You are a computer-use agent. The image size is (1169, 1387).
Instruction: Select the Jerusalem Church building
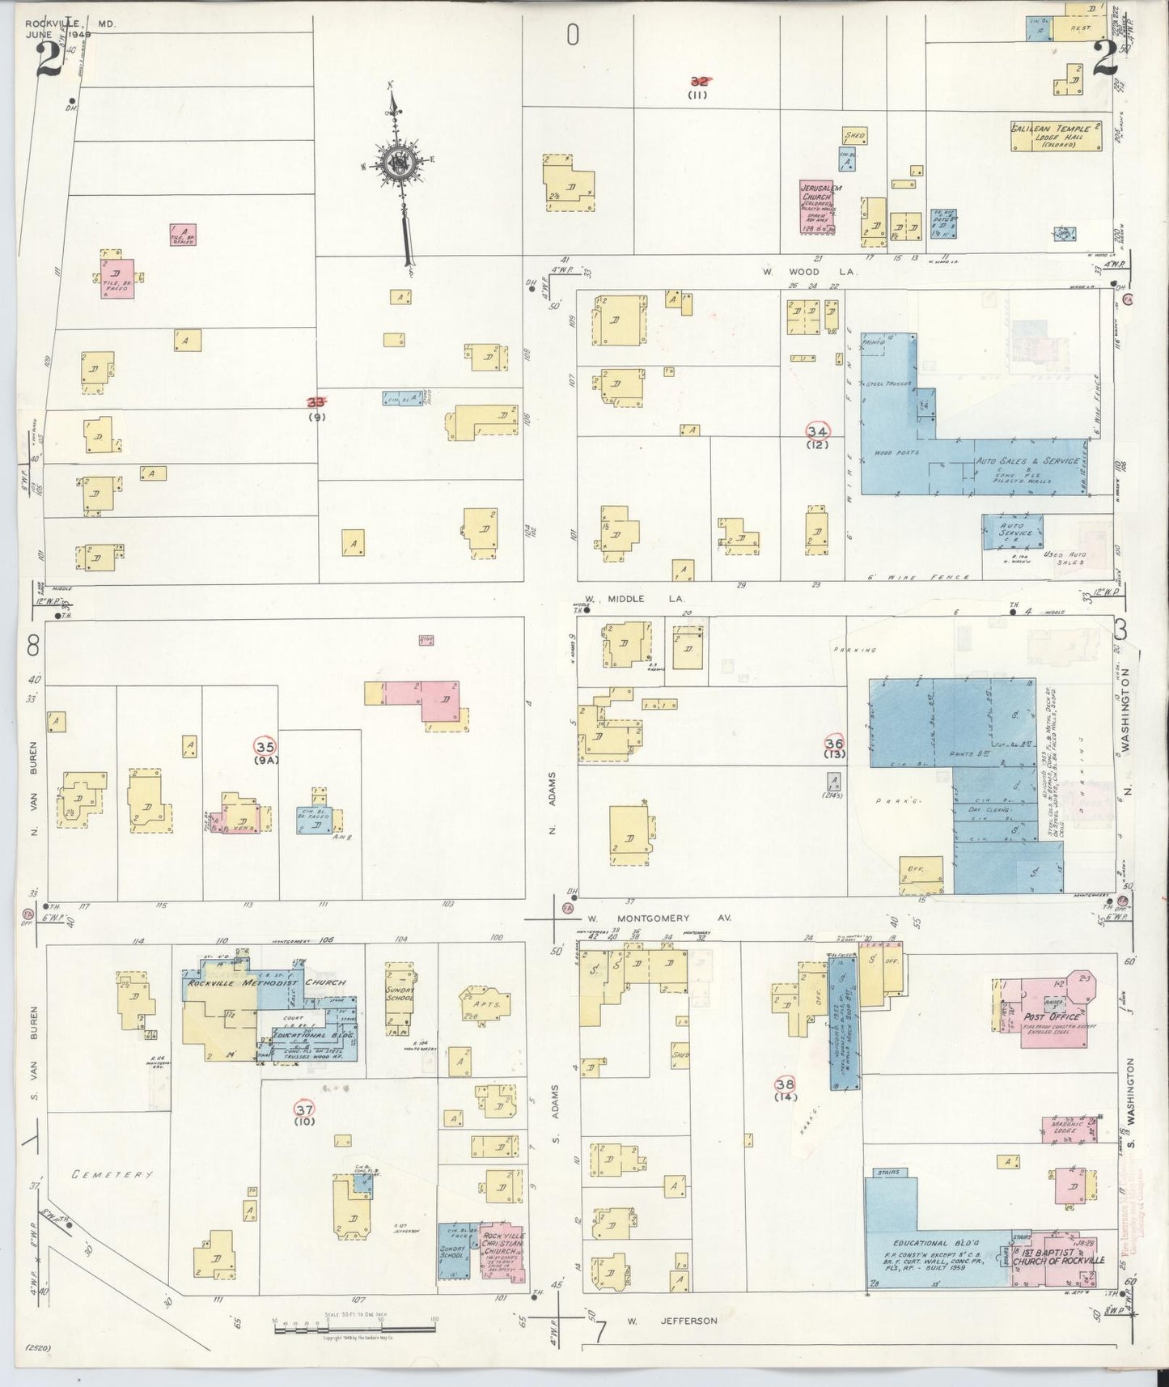coord(819,207)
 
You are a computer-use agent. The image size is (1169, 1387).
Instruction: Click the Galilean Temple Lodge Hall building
coord(1056,136)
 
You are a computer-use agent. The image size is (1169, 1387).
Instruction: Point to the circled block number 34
coord(817,431)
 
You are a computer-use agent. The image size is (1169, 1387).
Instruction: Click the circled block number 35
coord(265,745)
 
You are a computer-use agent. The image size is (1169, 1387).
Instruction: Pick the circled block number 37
coord(304,1109)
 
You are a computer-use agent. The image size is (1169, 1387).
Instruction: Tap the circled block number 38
coord(784,1084)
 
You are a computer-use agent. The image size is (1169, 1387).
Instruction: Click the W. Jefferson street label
coord(671,1321)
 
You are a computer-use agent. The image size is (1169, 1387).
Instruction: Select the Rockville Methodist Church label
coord(266,982)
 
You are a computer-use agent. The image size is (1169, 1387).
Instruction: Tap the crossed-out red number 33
coord(316,401)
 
